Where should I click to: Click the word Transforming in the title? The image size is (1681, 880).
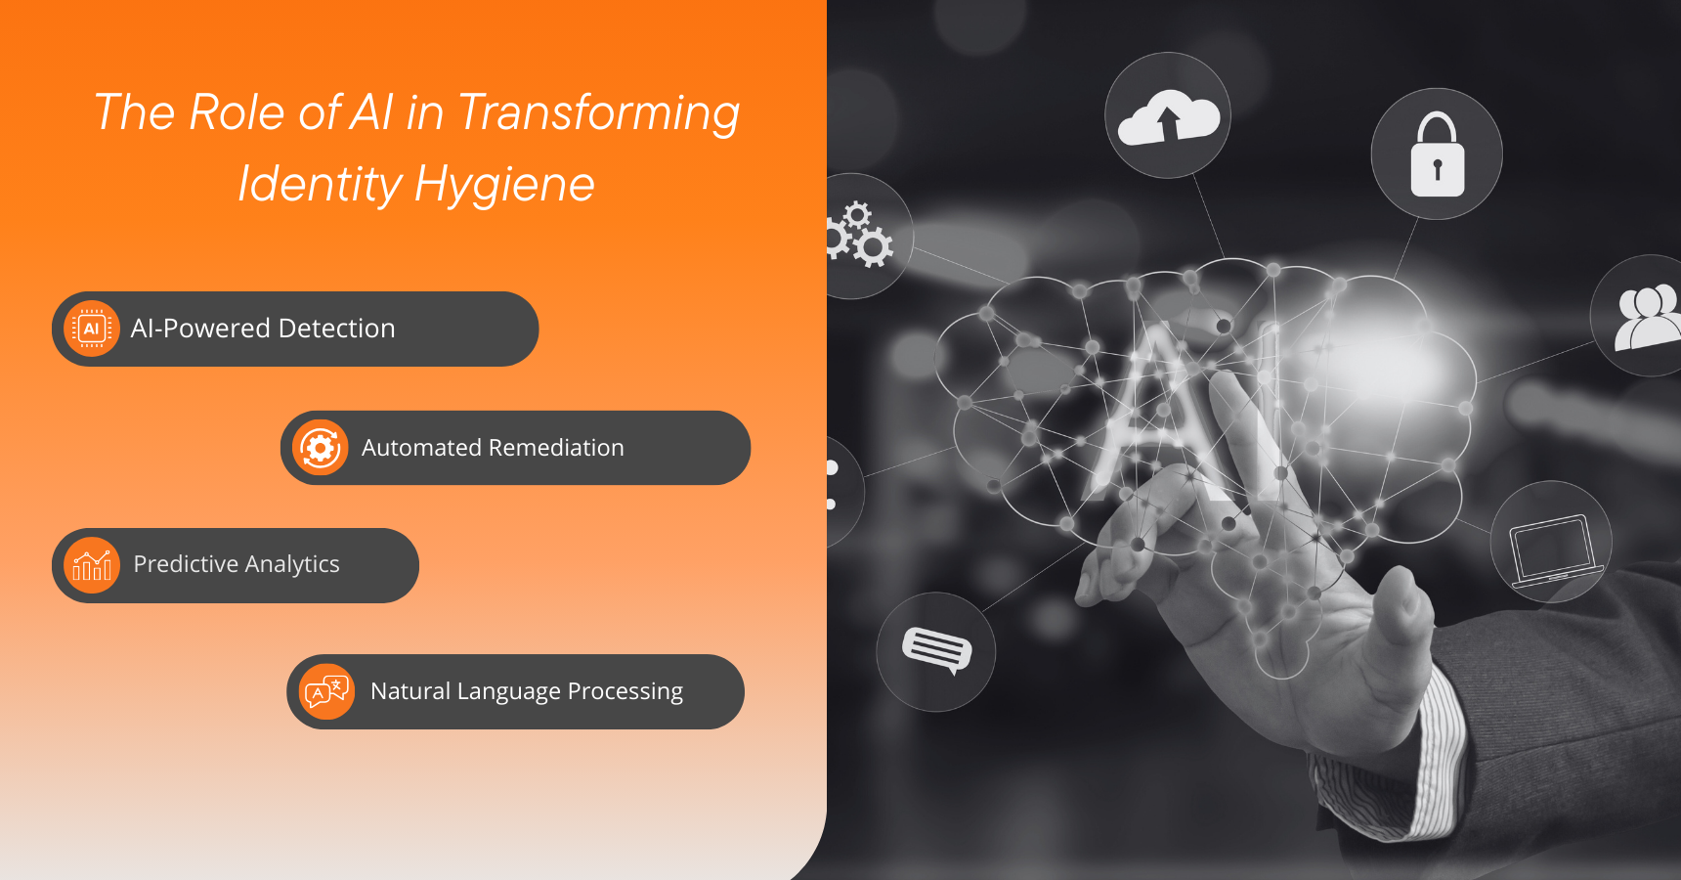598,113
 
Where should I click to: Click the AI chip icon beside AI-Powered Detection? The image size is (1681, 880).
91,329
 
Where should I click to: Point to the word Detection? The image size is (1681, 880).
336,329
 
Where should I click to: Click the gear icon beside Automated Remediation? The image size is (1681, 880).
320,448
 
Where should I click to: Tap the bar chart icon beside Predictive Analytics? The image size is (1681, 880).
91,565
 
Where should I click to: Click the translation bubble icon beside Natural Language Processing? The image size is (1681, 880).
326,691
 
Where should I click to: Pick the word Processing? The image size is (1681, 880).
625,691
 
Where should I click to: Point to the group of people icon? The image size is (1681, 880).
1648,317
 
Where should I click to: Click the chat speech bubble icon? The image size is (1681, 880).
936,650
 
